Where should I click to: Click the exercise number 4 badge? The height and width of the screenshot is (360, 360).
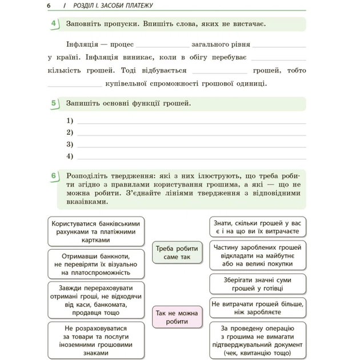click(55, 24)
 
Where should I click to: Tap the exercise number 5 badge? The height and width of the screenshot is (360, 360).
click(55, 103)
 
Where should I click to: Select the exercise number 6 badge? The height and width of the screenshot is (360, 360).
click(55, 176)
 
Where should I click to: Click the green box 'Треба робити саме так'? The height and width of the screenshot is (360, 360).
click(177, 253)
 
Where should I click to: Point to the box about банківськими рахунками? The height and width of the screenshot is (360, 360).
click(95, 231)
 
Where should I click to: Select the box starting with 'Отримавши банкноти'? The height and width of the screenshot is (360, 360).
click(95, 264)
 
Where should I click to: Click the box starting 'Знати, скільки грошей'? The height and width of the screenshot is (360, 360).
click(257, 226)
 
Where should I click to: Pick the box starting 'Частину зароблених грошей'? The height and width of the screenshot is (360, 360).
click(257, 256)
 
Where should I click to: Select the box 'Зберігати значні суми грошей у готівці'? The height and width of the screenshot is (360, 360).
click(257, 285)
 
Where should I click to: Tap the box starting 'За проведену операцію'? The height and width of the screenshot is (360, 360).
click(257, 340)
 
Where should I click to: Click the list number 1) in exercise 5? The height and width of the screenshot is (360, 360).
click(70, 121)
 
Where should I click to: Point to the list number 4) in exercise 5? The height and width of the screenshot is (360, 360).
click(70, 156)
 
